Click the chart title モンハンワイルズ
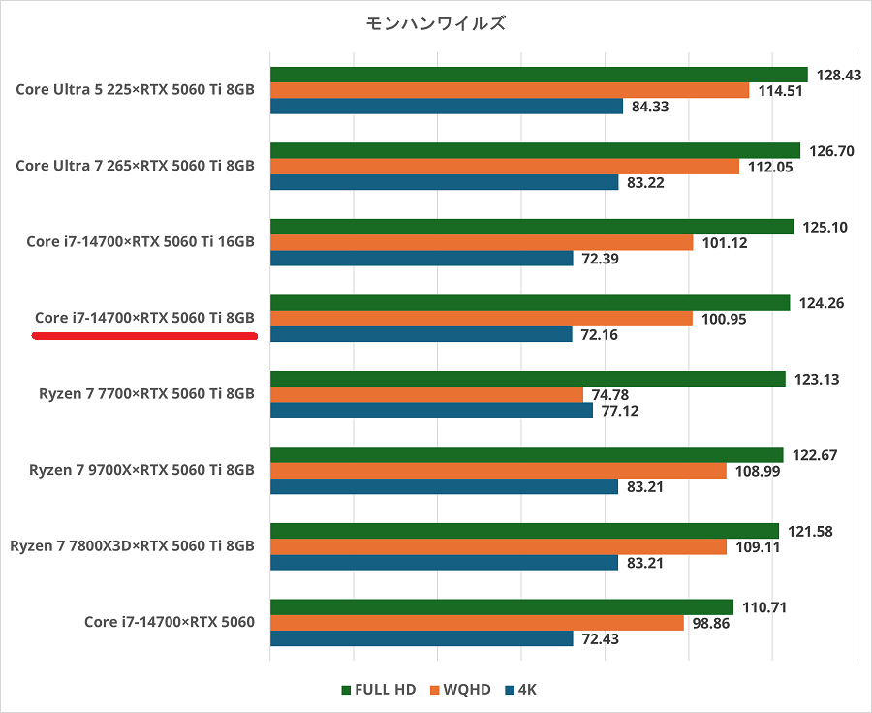435,23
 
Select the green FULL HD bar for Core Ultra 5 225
539,75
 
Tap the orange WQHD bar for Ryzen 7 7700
426,394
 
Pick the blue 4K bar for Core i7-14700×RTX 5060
421,639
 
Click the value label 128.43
839,75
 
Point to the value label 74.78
614,394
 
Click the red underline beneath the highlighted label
144,337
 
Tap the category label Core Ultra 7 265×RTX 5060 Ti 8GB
135,166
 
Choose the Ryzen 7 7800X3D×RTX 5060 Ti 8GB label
132,546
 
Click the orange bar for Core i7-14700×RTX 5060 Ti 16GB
482,242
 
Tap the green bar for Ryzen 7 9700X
526,454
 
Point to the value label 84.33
650,107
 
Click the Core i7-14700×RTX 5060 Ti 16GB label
140,241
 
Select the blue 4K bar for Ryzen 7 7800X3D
444,563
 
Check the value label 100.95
724,319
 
